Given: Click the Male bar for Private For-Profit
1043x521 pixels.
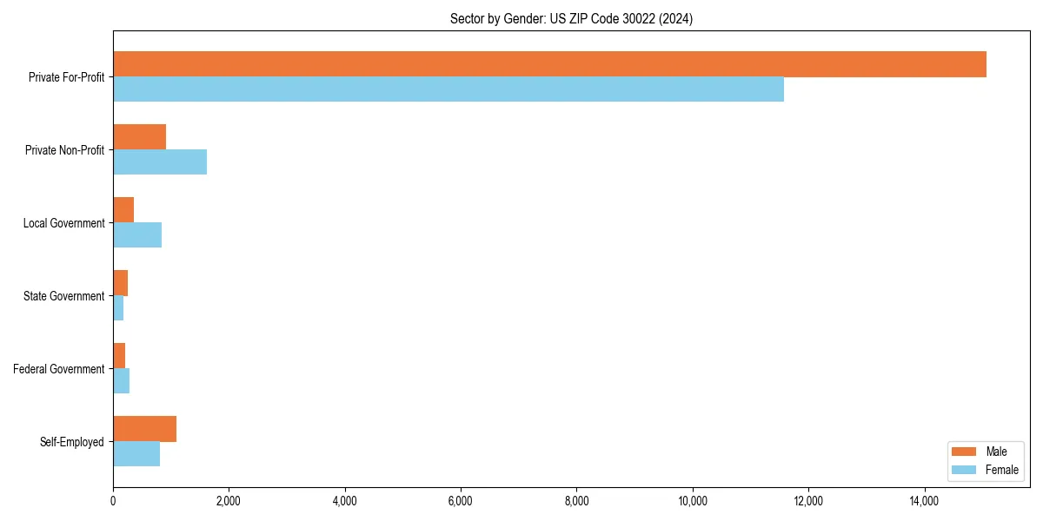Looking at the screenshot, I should (x=549, y=64).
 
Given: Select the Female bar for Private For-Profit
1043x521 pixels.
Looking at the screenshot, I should (x=448, y=89).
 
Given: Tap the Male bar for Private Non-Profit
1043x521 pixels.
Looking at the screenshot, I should (x=139, y=137).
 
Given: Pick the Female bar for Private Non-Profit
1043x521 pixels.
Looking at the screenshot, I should (x=160, y=162).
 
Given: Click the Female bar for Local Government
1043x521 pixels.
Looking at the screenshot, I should (x=137, y=235).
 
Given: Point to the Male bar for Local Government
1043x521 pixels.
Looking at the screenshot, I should (x=123, y=210).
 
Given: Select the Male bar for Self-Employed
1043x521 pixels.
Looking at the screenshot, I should (x=144, y=429).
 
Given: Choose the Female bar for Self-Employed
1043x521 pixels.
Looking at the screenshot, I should (x=136, y=454).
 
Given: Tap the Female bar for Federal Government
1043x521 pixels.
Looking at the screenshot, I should (x=121, y=381).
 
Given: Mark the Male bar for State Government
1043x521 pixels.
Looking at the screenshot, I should (x=120, y=283).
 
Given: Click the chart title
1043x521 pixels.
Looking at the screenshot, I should (x=571, y=18).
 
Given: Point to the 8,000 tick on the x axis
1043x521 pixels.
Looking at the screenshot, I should (x=577, y=500).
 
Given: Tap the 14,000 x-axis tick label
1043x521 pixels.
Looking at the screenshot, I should (x=925, y=500).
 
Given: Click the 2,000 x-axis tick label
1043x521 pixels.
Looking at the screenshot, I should (x=229, y=500).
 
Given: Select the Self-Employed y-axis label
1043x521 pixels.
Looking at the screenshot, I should (x=72, y=442).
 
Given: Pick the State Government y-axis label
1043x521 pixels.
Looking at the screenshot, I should (x=64, y=296).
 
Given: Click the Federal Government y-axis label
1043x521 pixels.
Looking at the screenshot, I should (x=59, y=369).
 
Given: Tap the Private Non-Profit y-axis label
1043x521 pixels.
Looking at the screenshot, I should (x=64, y=150).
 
